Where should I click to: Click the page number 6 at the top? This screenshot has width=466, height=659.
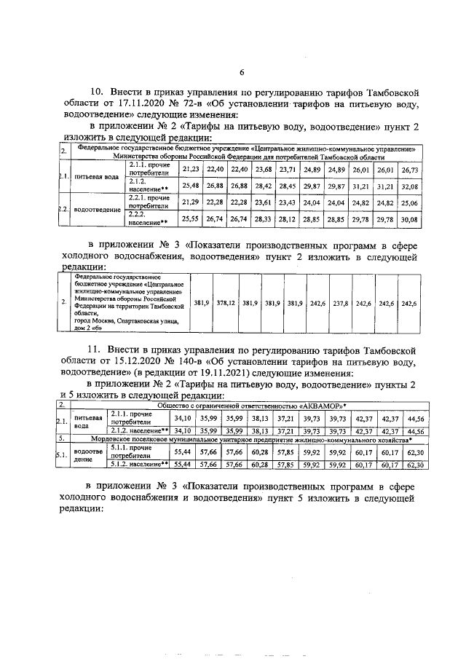pos(242,71)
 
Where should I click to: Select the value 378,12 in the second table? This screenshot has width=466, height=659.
pos(225,303)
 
